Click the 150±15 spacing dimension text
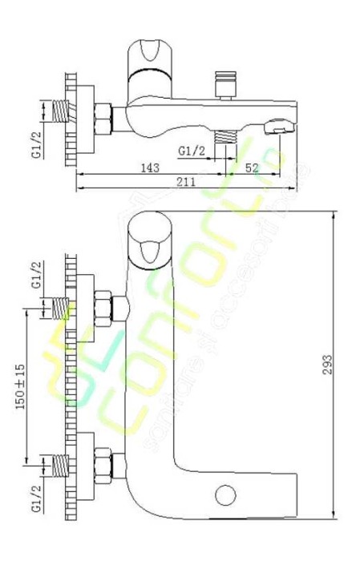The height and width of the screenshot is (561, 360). [22, 385]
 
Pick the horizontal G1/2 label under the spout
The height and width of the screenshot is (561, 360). [192, 150]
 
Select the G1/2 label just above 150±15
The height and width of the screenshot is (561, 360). [35, 273]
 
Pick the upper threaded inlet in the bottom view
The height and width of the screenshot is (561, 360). [59, 307]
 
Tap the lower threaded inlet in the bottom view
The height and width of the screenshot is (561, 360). [59, 464]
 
